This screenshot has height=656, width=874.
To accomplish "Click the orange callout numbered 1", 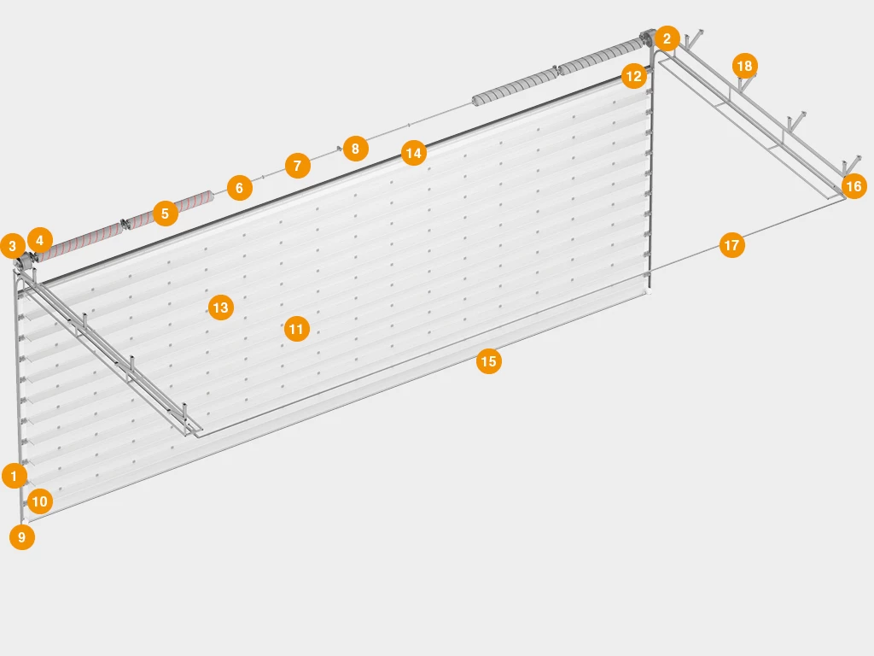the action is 15,476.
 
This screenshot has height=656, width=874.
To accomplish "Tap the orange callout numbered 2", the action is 667,38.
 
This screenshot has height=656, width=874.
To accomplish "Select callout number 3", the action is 13,245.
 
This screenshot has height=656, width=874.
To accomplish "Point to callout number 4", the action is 39,240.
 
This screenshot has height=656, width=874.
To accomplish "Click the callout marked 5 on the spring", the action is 165,213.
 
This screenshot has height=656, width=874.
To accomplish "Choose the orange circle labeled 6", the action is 240,187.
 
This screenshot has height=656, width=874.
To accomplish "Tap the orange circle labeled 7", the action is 298,166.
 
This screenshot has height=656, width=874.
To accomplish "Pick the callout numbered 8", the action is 356,149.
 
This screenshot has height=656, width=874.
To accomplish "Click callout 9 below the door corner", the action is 22,537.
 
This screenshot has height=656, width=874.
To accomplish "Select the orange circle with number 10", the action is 39,501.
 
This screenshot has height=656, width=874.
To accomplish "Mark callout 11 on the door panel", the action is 296,329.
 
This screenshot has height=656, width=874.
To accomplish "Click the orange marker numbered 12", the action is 634,76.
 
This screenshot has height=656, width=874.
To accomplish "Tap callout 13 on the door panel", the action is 221,307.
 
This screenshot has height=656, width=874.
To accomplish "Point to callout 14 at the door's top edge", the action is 414,153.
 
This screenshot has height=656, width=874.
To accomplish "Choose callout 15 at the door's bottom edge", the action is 489,361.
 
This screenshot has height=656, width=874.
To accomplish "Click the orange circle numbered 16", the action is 854,185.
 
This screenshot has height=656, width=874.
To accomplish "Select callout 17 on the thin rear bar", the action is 731,245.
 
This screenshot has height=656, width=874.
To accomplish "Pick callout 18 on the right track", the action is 744,66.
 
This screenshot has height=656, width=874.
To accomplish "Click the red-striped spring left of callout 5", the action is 78,243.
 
